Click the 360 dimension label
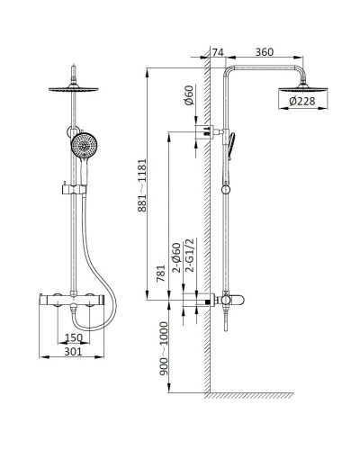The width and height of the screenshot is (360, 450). point(265,52)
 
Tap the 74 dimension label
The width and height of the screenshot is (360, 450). point(218,52)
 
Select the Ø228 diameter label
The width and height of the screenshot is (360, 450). point(302,101)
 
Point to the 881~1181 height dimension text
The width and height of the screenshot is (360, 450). point(142,185)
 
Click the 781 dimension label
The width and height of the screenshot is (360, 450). point(161,273)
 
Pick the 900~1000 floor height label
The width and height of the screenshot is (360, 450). point(164,348)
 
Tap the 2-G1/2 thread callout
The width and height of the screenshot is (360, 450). point(190,255)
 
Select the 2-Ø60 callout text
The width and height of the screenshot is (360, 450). point(177,257)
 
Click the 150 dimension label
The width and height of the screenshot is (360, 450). point(74,337)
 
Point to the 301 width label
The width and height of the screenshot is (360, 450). point(73,352)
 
